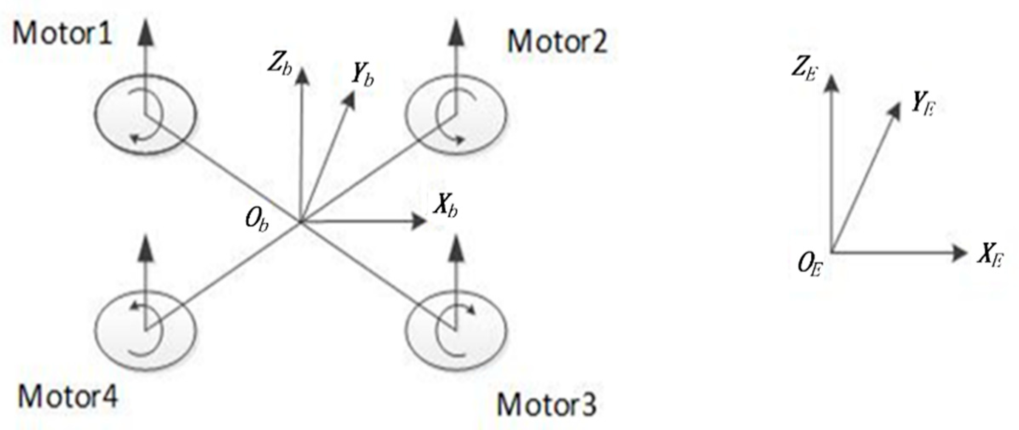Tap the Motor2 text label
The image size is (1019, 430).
coord(557,41)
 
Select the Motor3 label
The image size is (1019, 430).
coord(547,404)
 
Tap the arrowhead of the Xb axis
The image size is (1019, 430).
coord(419,221)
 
